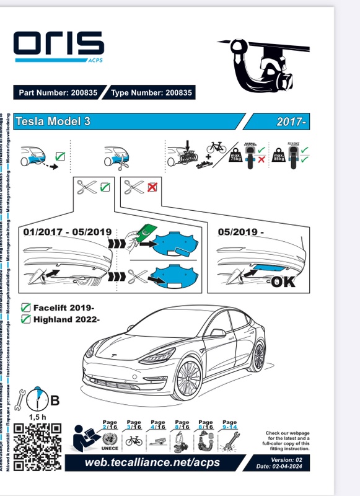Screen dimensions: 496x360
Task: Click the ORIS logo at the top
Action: (x=59, y=45)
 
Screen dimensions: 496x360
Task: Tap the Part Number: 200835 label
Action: (x=58, y=93)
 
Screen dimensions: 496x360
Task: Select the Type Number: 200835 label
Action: (x=152, y=93)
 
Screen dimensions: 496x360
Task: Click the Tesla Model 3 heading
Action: (x=53, y=122)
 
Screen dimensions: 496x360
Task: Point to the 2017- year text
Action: (x=292, y=122)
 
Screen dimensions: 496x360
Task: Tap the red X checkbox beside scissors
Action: (x=152, y=187)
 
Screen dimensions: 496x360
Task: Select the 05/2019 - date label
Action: (x=242, y=232)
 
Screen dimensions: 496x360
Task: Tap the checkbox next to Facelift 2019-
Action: (x=26, y=308)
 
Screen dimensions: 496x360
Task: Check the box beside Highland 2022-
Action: (x=26, y=319)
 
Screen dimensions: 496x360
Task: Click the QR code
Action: (x=38, y=446)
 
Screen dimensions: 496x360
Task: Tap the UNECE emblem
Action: (x=109, y=443)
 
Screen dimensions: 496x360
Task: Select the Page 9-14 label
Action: (x=229, y=425)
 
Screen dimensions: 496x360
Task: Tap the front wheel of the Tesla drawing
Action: (x=187, y=379)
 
